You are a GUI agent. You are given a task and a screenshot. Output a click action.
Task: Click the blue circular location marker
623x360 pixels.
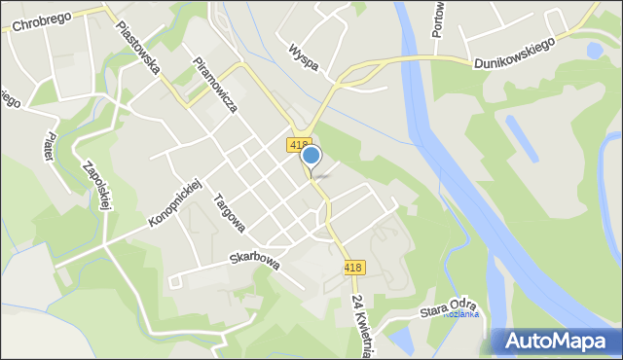tap(311, 156)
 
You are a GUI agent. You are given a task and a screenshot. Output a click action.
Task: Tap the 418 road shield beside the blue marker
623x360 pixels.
tap(299, 144)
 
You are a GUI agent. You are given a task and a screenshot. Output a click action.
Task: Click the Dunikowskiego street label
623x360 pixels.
tap(514, 53)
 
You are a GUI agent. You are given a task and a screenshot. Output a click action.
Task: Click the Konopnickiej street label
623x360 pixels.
tap(174, 203)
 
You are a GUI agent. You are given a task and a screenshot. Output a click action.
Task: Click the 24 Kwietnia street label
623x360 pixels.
tap(359, 327)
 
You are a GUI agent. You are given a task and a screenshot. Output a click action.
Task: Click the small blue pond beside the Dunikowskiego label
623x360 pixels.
tap(595, 49)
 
